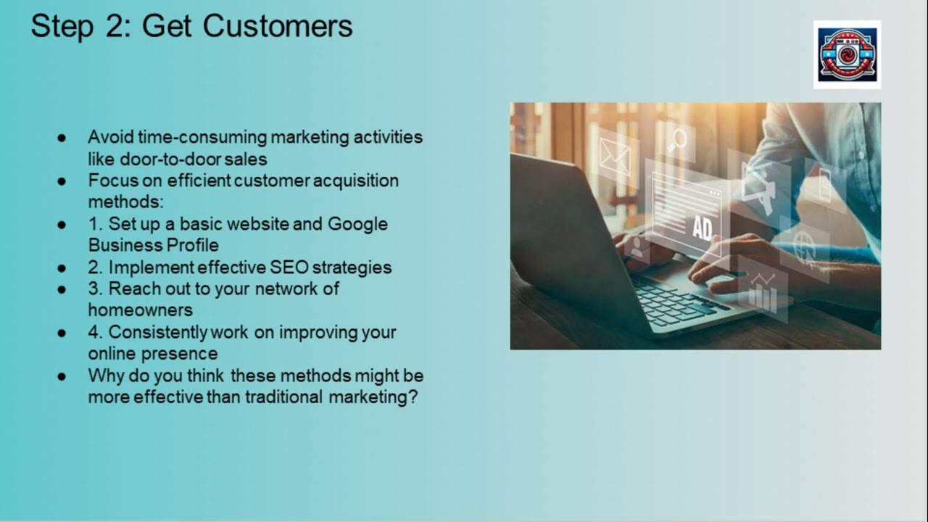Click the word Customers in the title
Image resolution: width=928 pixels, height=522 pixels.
tap(278, 25)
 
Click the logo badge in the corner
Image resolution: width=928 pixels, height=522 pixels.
tap(848, 54)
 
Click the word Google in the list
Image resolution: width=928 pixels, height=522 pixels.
tap(357, 225)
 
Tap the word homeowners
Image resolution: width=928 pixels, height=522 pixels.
tap(141, 310)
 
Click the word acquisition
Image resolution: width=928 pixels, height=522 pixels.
tap(355, 181)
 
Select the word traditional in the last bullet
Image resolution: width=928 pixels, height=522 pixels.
tap(283, 397)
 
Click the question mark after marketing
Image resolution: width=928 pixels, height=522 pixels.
tap(413, 397)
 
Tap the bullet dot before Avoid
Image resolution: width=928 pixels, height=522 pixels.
tap(62, 138)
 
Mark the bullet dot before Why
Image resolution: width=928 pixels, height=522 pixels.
tap(62, 376)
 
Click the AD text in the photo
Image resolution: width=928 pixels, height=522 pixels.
tap(703, 228)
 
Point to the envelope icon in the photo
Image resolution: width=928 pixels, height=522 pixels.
tap(616, 157)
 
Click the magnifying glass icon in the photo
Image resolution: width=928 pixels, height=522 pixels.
tap(677, 141)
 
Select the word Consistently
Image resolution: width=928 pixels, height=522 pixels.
tap(157, 333)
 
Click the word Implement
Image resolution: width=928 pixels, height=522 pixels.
tap(152, 268)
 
